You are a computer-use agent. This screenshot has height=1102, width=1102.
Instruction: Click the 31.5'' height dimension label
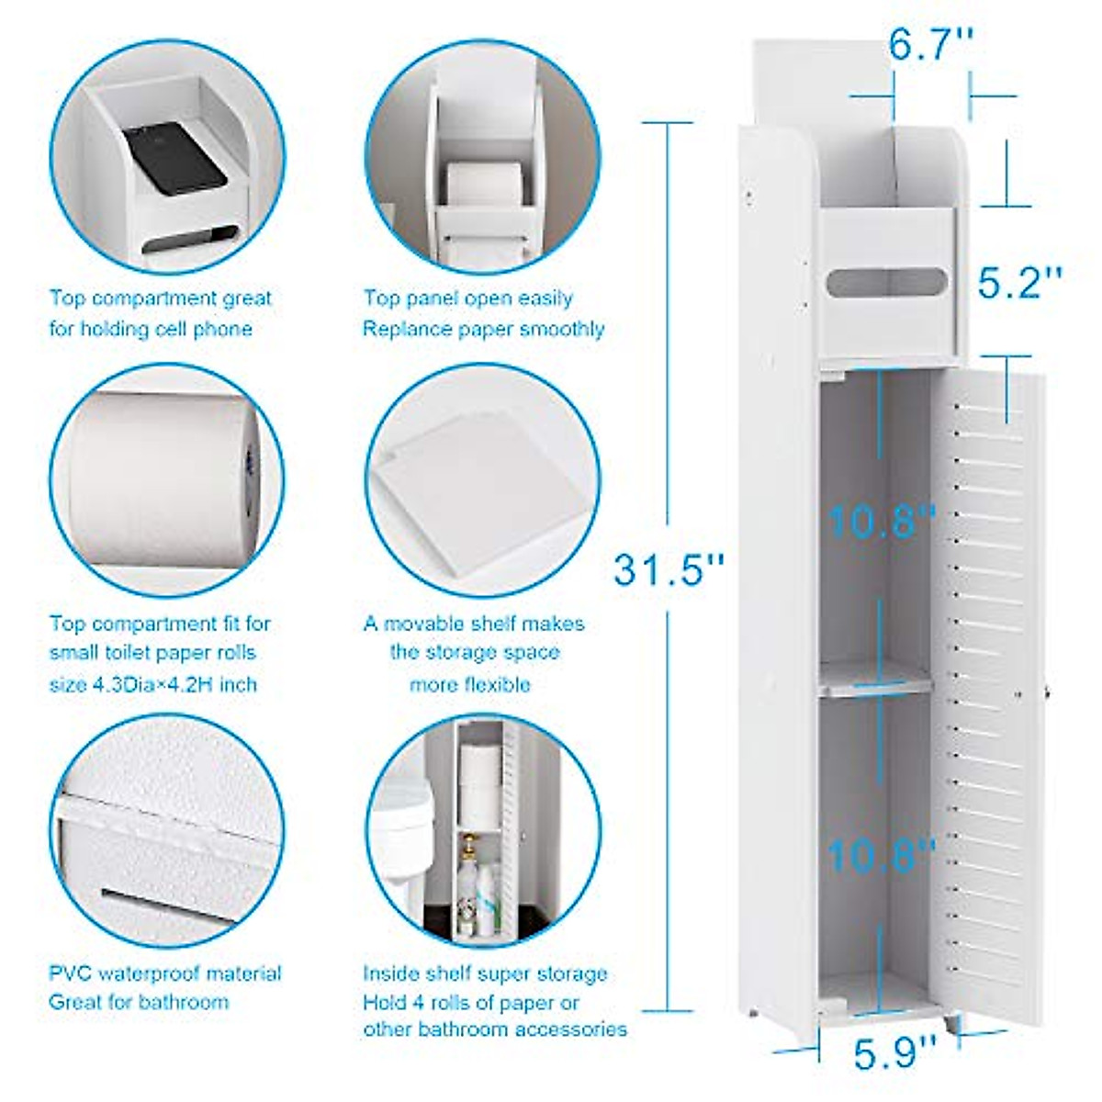tap(669, 570)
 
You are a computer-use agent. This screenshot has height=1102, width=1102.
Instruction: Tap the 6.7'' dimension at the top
tap(930, 43)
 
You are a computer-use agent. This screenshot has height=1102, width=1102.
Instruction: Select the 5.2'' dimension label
tap(1019, 283)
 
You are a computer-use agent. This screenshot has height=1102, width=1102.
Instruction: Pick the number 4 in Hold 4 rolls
tap(411, 1002)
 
